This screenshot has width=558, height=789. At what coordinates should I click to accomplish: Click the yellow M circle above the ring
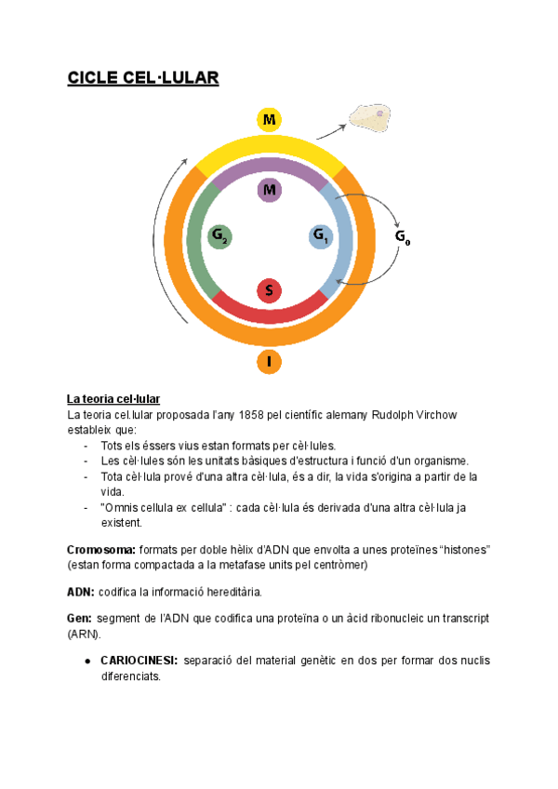point(269,120)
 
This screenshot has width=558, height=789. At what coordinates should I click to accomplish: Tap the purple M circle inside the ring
point(269,191)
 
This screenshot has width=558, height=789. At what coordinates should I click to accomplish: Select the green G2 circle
point(219,237)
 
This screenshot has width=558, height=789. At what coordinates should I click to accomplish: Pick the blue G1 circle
point(320,237)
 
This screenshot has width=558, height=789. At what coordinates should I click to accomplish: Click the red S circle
point(269,290)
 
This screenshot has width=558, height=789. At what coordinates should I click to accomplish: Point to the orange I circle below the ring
point(269,362)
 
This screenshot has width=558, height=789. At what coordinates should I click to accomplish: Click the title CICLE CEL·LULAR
point(142,77)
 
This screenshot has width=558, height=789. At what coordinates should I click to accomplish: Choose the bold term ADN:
point(80,592)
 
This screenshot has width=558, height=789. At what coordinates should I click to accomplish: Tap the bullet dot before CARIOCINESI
point(86,661)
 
